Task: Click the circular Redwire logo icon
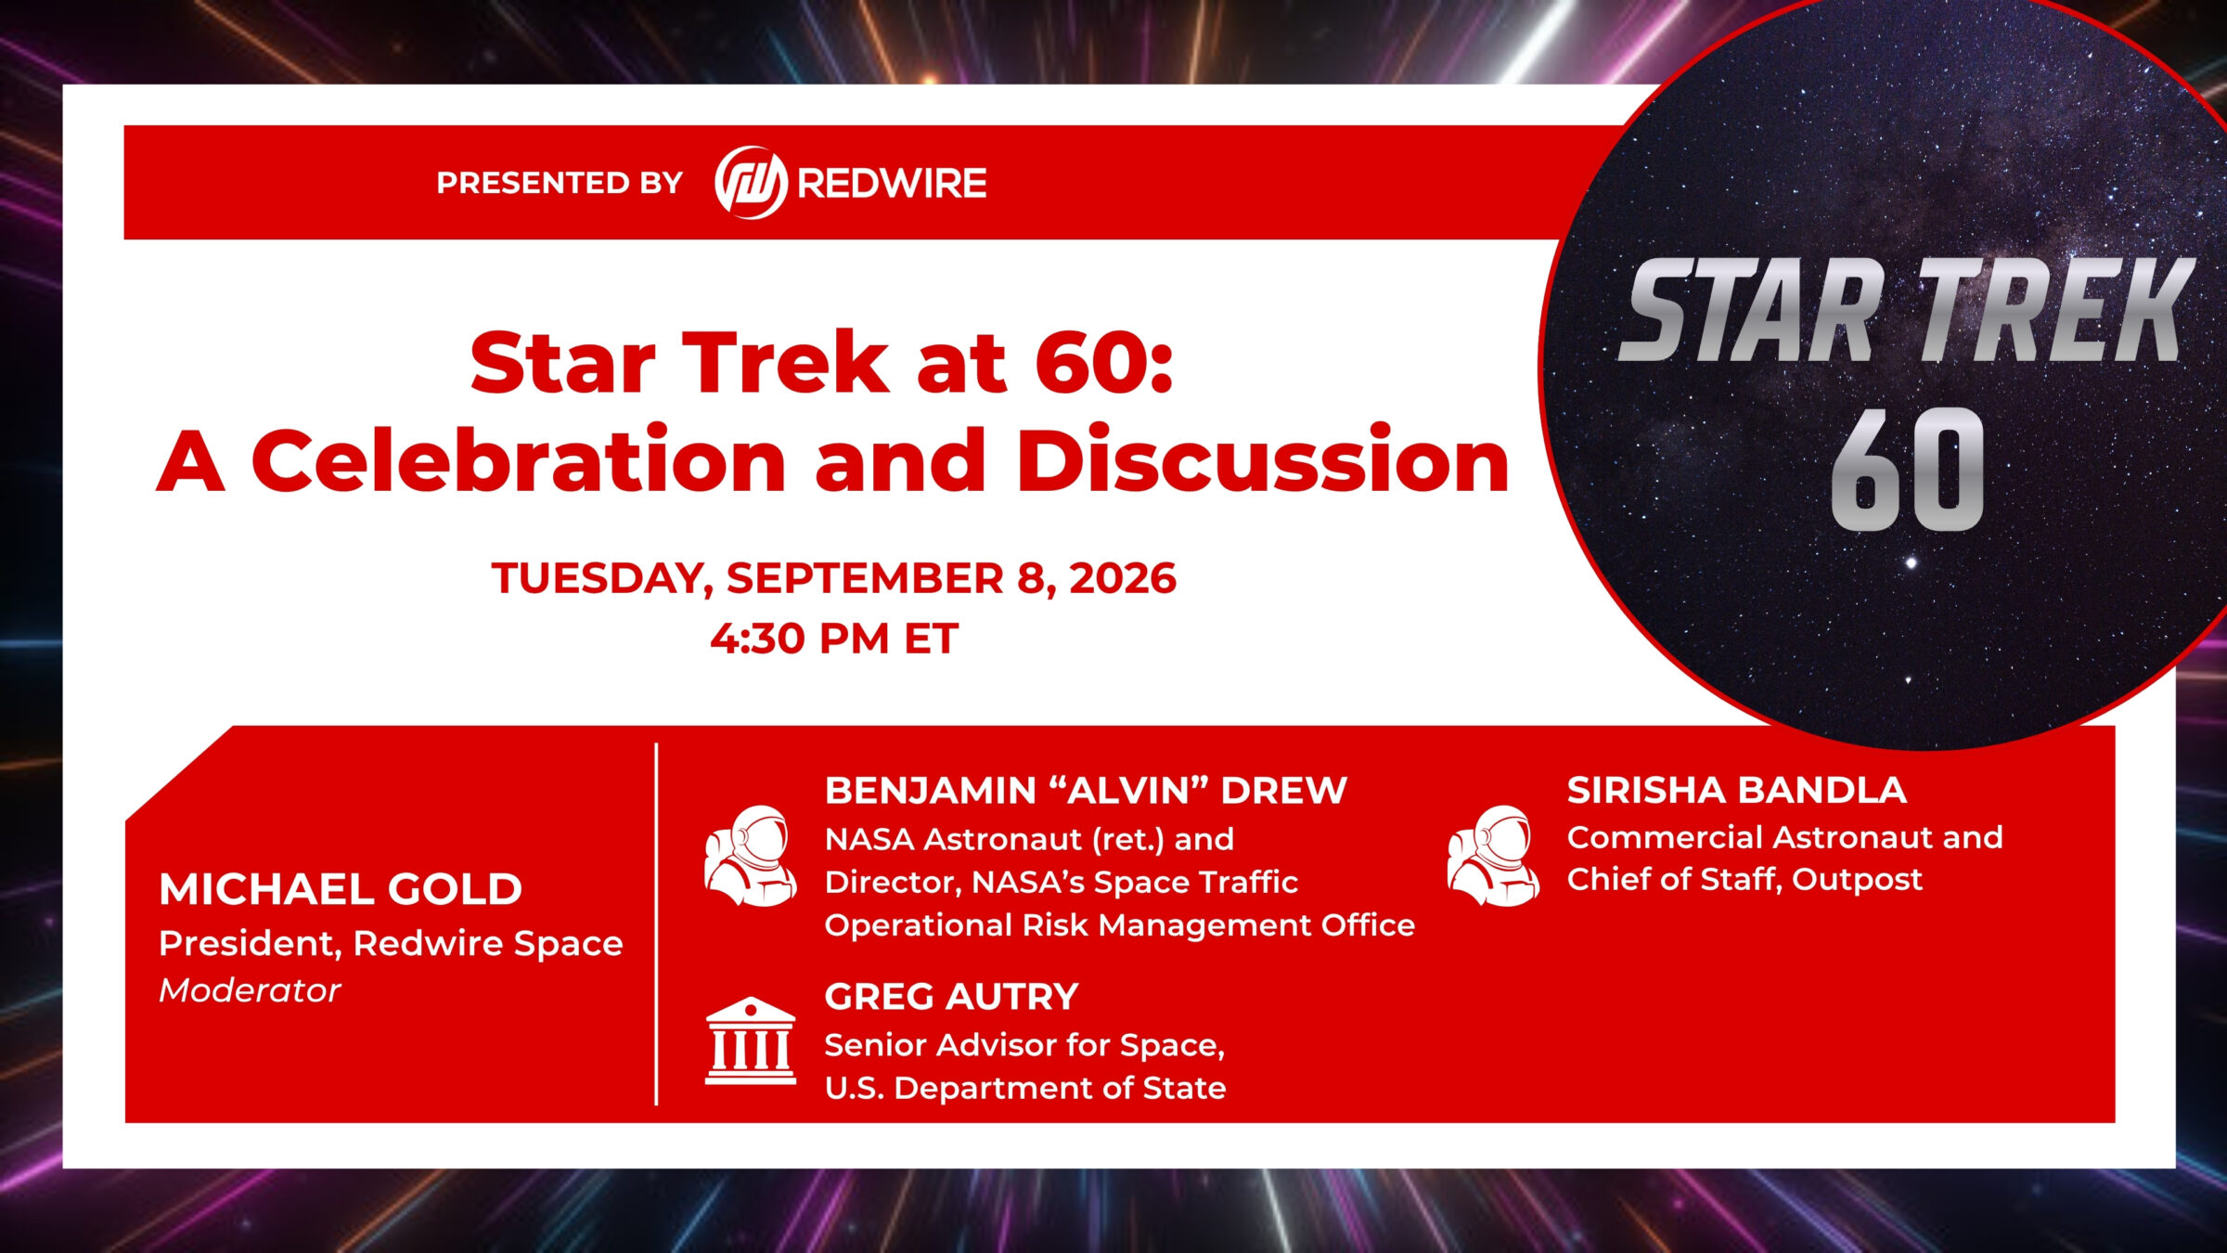pyautogui.click(x=751, y=182)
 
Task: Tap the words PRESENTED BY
pyautogui.click(x=560, y=183)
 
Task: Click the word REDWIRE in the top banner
pyautogui.click(x=892, y=183)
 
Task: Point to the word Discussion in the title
pyautogui.click(x=1263, y=460)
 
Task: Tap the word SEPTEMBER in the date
pyautogui.click(x=865, y=578)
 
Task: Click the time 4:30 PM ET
pyautogui.click(x=834, y=639)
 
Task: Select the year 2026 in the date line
pyautogui.click(x=1123, y=578)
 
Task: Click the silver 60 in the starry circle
pyautogui.click(x=1907, y=470)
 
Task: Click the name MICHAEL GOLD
pyautogui.click(x=341, y=889)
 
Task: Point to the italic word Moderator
pyautogui.click(x=250, y=990)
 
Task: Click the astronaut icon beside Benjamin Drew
pyautogui.click(x=750, y=856)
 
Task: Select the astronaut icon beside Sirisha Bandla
pyautogui.click(x=1493, y=856)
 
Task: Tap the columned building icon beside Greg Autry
pyautogui.click(x=751, y=1040)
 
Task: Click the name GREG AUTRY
pyautogui.click(x=951, y=997)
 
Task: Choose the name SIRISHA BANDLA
pyautogui.click(x=1736, y=790)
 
